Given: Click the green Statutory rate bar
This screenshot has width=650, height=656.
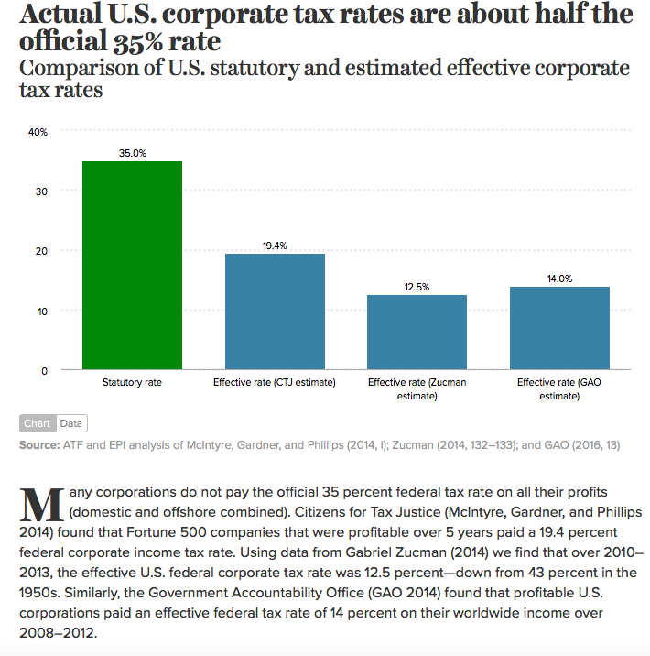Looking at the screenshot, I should pyautogui.click(x=133, y=266).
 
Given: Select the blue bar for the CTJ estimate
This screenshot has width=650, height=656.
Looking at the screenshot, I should pyautogui.click(x=275, y=312).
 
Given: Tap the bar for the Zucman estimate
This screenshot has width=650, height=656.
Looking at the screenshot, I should pyautogui.click(x=417, y=333).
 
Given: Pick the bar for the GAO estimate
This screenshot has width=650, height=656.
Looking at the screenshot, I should pyautogui.click(x=559, y=328).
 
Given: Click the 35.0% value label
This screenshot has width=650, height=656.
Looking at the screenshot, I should pyautogui.click(x=133, y=153).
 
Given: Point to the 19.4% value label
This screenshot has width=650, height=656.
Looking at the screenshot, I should pyautogui.click(x=275, y=246).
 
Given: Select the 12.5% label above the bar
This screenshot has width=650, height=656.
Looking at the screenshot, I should pyautogui.click(x=417, y=287).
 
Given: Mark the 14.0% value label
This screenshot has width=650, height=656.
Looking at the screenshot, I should pyautogui.click(x=559, y=279).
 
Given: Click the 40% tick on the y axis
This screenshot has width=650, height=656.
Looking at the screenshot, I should pyautogui.click(x=38, y=132).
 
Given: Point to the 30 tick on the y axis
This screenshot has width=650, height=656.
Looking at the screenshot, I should pyautogui.click(x=40, y=191).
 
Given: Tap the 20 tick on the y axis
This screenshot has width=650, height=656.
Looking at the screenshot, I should pyautogui.click(x=40, y=251).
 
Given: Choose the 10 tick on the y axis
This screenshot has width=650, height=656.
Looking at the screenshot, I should pyautogui.click(x=40, y=311).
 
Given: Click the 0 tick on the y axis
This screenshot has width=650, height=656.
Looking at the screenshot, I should pyautogui.click(x=43, y=370).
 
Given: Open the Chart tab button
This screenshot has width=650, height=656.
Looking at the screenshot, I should pyautogui.click(x=38, y=424).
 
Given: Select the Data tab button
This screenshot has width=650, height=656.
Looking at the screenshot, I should pyautogui.click(x=70, y=424).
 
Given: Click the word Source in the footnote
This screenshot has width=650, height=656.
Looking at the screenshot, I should pyautogui.click(x=40, y=445).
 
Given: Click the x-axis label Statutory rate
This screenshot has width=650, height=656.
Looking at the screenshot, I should pyautogui.click(x=133, y=381).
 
